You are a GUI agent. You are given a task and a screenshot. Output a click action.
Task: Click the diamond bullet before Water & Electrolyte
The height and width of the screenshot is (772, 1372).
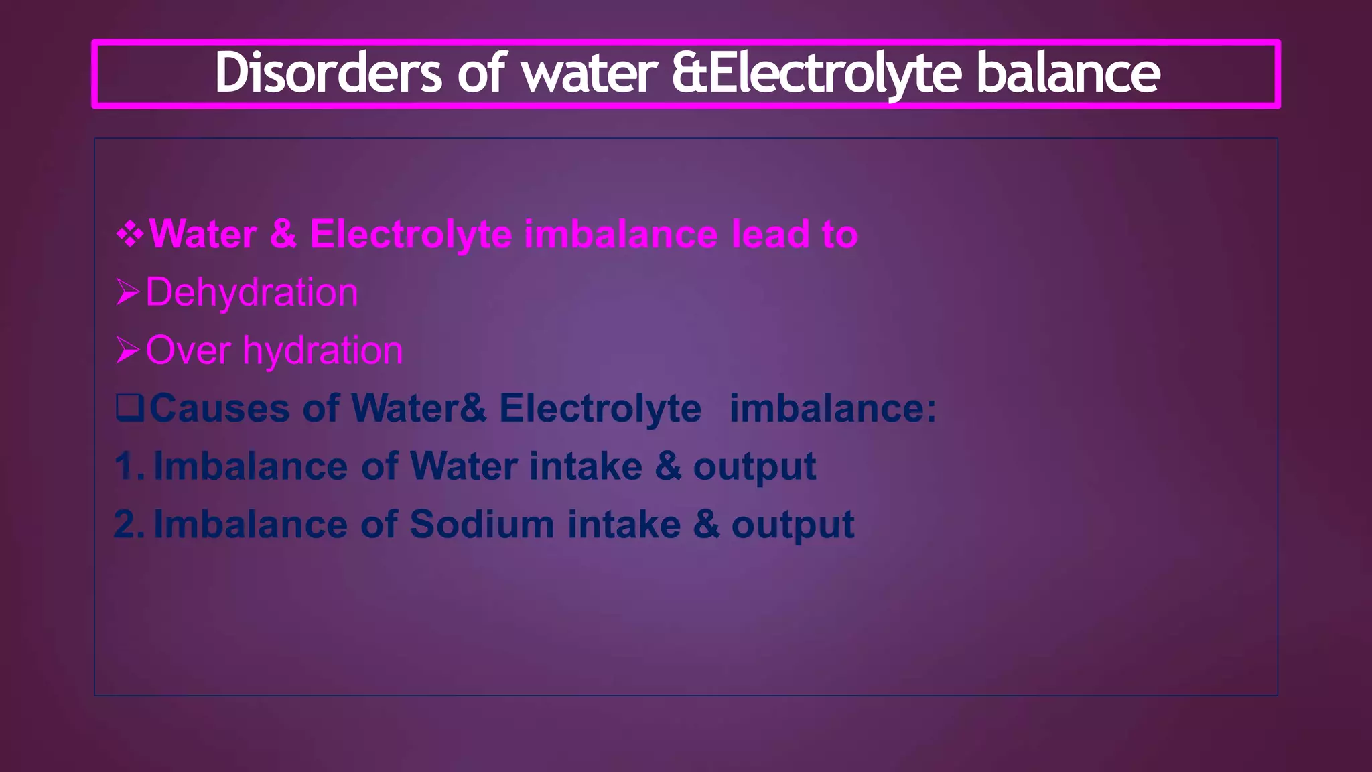pos(129,234)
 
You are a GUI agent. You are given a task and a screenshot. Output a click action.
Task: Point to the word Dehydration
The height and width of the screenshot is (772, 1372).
pos(252,292)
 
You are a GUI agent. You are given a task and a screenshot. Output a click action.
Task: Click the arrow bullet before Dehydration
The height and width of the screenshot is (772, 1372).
pos(127,292)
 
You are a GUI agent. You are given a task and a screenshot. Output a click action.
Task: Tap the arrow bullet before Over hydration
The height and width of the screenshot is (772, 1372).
pos(127,350)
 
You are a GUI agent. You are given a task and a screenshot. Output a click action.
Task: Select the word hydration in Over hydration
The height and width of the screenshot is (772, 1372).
pos(322,350)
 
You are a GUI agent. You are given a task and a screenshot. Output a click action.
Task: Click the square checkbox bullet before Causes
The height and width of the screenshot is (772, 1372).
pos(129,407)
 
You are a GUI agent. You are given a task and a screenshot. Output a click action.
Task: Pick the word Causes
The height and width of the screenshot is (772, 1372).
pos(219,407)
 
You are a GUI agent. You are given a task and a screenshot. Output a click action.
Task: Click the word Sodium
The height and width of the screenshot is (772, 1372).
pos(482,523)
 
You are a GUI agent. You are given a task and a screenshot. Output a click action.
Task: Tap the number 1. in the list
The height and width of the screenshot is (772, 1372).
pos(129,466)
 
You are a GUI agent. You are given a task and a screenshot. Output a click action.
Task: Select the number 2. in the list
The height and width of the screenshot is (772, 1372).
pos(129,523)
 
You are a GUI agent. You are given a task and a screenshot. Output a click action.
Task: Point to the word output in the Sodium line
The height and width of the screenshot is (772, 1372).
pos(793,525)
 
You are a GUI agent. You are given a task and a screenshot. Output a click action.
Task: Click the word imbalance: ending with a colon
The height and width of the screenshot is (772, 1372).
pos(833,407)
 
